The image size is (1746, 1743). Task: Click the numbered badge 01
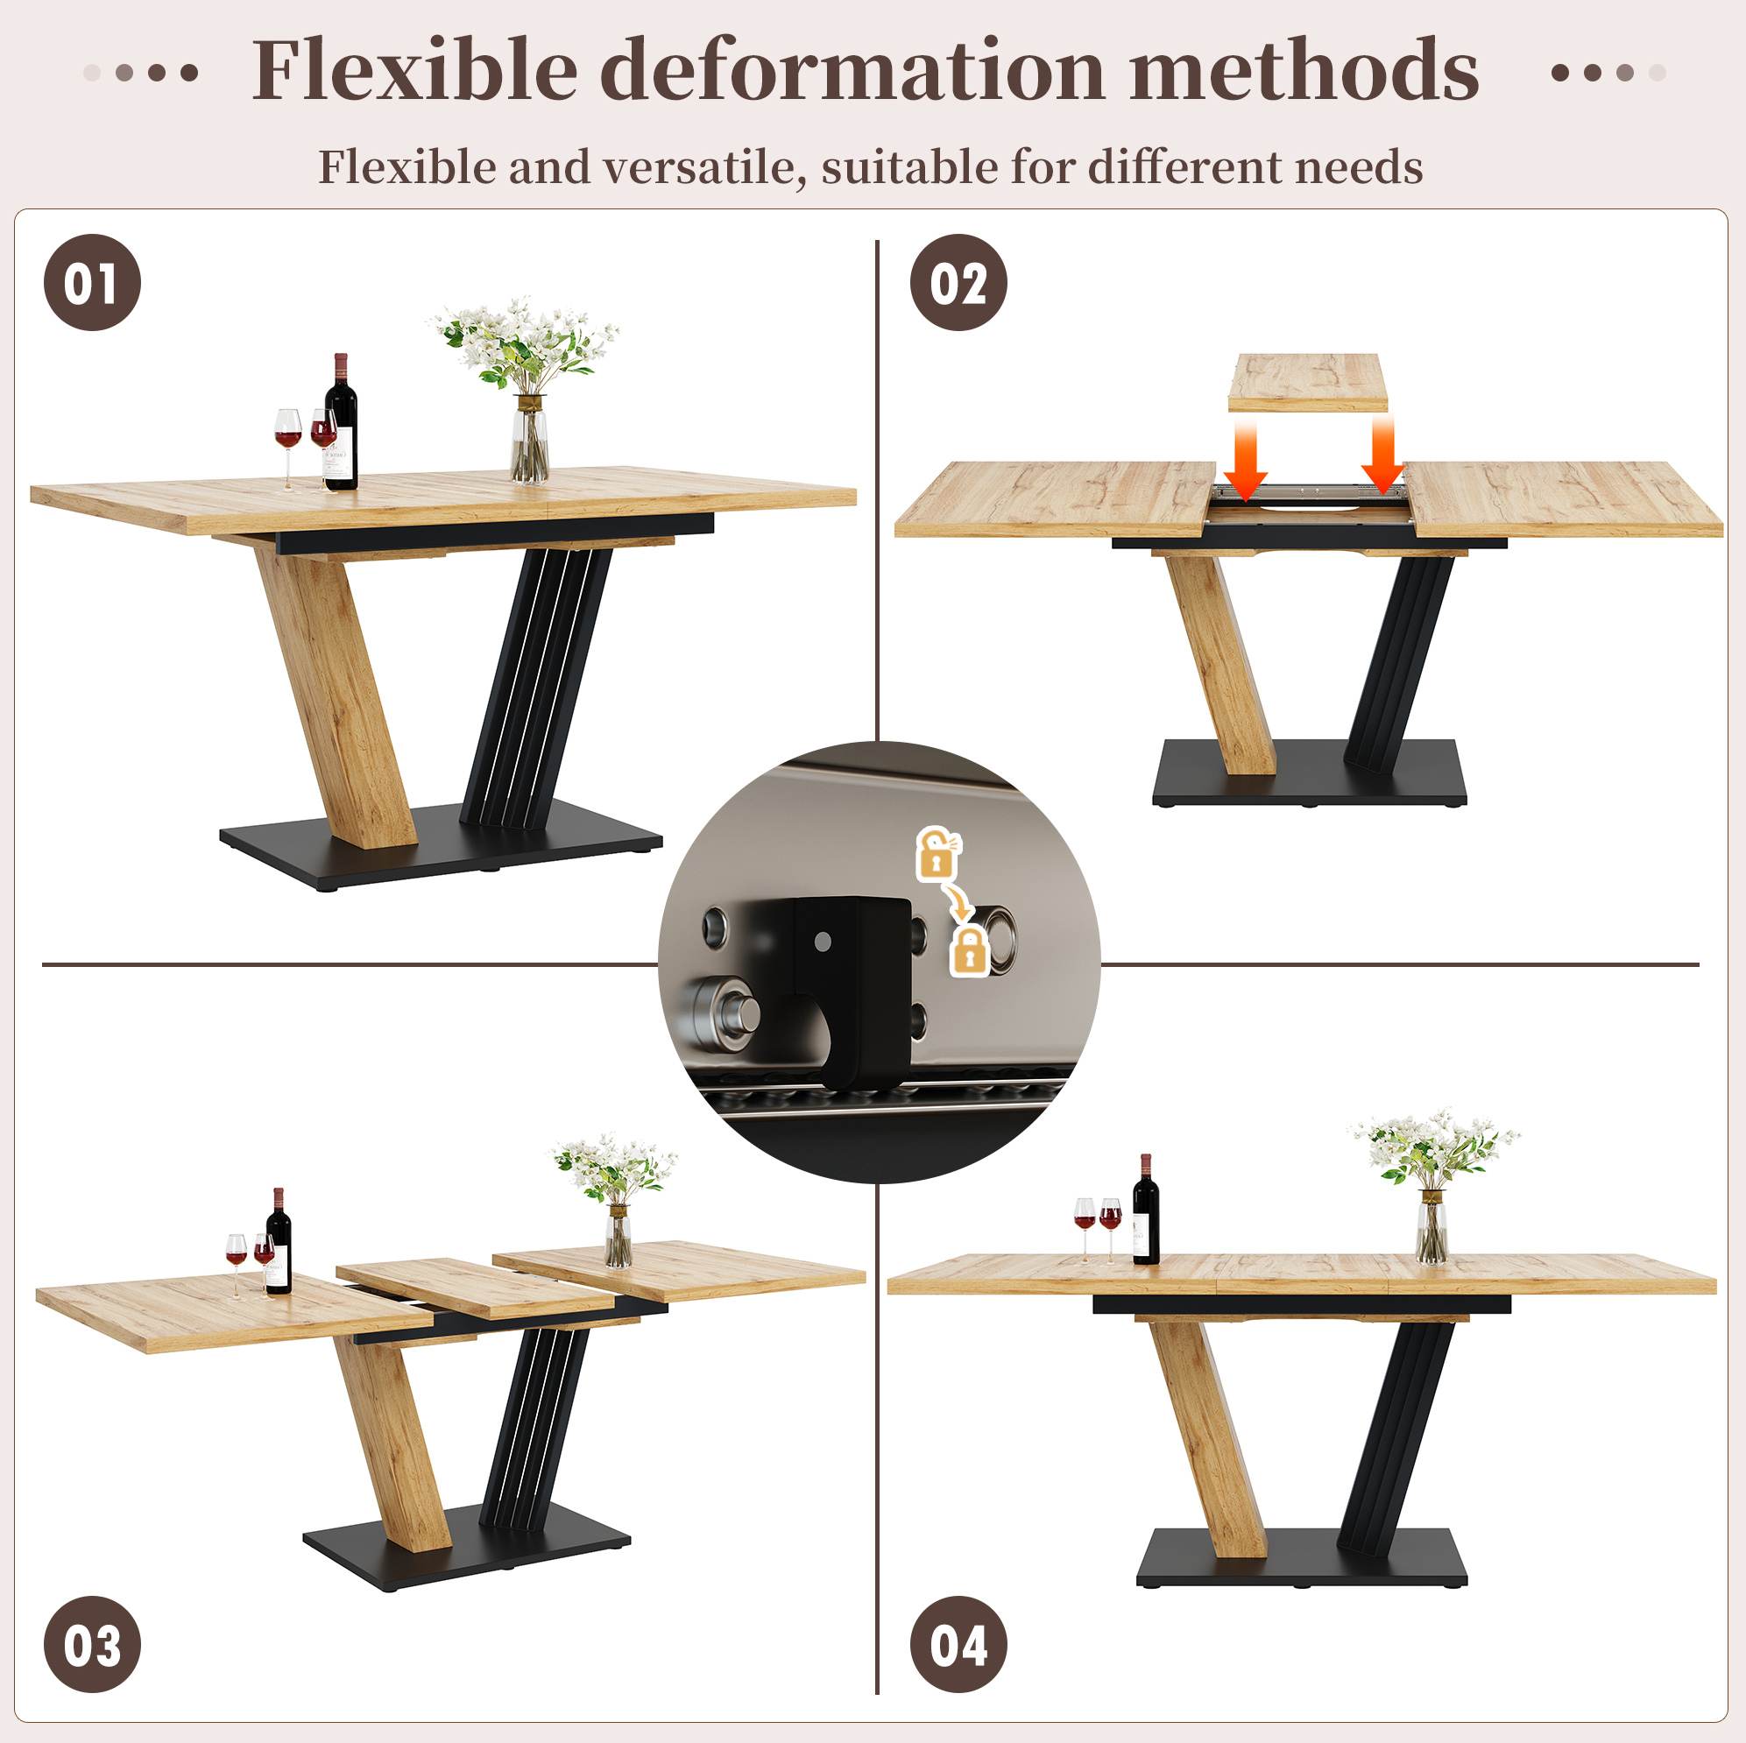tap(92, 283)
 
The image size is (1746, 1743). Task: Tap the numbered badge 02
tap(958, 283)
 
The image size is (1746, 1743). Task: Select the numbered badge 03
tap(92, 1645)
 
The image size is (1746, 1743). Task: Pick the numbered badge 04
tap(958, 1645)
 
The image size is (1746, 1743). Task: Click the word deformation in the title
tap(852, 69)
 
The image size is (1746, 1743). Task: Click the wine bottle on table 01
tap(341, 422)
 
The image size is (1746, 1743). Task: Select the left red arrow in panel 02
tap(1246, 458)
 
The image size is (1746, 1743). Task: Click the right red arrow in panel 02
tap(1382, 455)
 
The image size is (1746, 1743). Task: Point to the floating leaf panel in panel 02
tap(1308, 382)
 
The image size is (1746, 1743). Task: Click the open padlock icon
tap(938, 854)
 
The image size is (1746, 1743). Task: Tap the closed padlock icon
tap(970, 951)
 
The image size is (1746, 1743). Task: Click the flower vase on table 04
tap(1432, 1225)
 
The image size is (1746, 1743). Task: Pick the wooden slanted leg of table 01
tap(336, 695)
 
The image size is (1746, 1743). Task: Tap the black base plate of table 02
tap(1309, 773)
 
